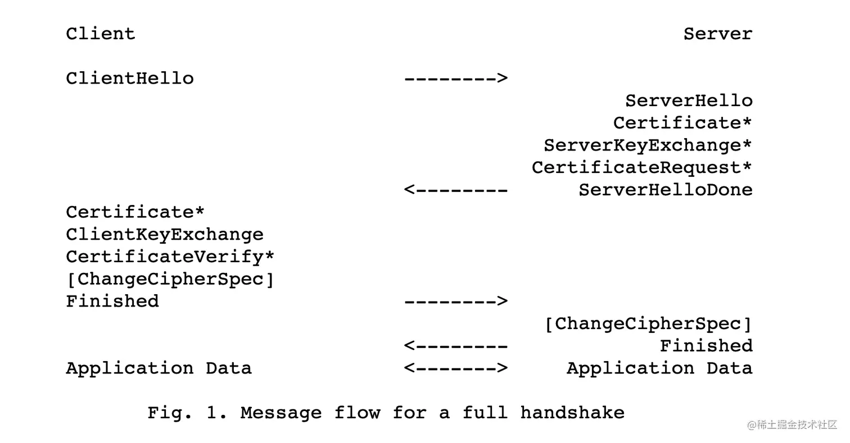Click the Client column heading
click(101, 34)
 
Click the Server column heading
click(717, 34)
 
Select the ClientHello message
click(130, 78)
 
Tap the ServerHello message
click(689, 101)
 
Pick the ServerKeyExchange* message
click(648, 145)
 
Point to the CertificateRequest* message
click(642, 167)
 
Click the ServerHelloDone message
click(666, 190)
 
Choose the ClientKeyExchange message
click(165, 235)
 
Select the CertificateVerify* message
click(170, 257)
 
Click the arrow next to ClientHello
click(456, 78)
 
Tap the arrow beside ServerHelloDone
click(456, 190)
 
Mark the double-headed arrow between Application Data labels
click(456, 368)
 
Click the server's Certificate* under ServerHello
click(682, 123)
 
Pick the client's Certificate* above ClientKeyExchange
click(135, 212)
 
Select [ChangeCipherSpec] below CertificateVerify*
click(170, 279)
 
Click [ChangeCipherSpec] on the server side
click(648, 323)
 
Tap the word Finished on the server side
click(706, 346)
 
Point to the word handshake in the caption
click(572, 413)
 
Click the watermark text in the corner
click(792, 425)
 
